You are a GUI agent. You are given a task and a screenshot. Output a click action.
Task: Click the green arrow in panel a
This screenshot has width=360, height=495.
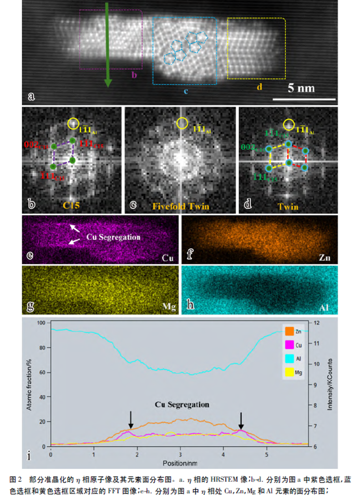107,44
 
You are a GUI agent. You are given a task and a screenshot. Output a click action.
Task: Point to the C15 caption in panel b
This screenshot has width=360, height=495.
73,206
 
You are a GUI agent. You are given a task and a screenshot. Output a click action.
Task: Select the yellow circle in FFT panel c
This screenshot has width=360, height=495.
181,123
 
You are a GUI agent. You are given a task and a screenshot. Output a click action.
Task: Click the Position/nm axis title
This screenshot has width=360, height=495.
180,462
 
